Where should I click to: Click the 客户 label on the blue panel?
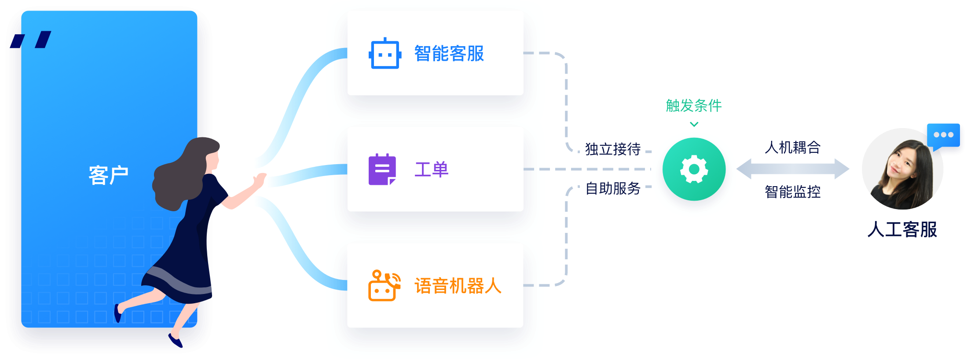point(108,175)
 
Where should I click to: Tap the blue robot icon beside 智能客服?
point(385,54)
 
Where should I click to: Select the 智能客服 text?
point(449,54)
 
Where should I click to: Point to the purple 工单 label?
point(431,169)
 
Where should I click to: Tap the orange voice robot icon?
point(384,286)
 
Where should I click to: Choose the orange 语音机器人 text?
point(458,286)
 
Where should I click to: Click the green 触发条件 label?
point(694,106)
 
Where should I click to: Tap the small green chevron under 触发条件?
point(694,125)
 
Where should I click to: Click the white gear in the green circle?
point(694,169)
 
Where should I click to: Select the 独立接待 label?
point(613,150)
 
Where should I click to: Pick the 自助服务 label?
point(613,188)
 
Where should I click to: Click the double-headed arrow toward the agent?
point(793,169)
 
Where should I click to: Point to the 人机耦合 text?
point(793,147)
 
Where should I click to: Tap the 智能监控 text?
point(793,192)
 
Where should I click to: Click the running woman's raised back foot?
point(118,313)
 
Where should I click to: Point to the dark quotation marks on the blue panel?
point(31,40)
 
